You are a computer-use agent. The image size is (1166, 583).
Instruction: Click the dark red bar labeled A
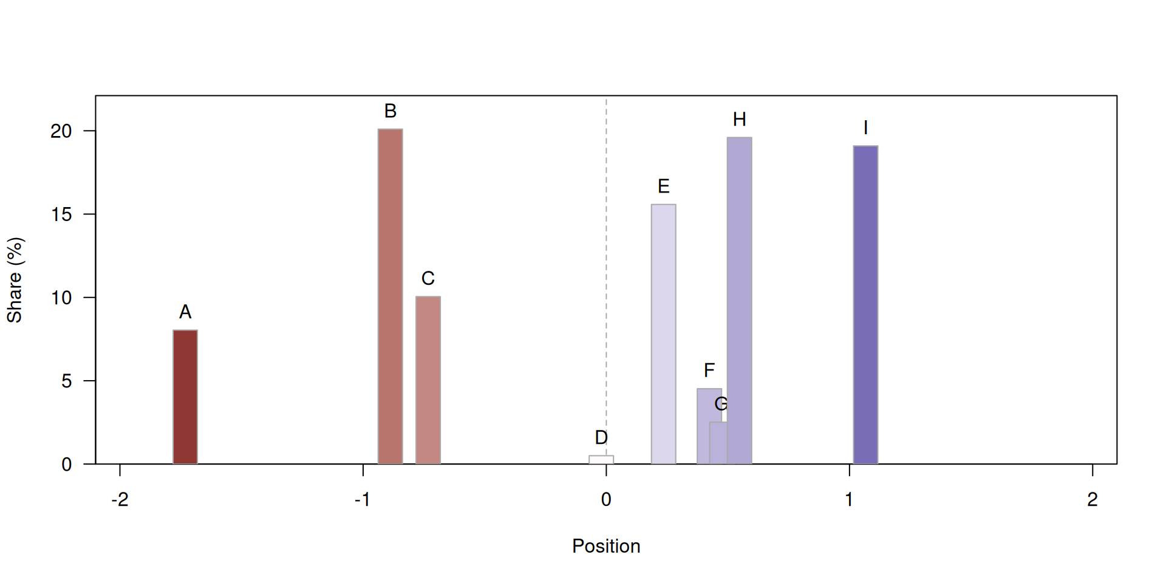point(185,397)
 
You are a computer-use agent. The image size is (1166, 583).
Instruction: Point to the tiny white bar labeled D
point(601,460)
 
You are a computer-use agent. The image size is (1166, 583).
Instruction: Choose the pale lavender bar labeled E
point(663,334)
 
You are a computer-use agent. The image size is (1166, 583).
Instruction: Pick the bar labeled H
point(740,301)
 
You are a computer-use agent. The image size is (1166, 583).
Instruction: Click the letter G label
point(721,404)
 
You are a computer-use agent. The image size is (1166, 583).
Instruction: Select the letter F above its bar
point(709,370)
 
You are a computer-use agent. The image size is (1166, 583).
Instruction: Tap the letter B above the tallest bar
point(390,111)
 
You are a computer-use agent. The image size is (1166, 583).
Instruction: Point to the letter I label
point(865,128)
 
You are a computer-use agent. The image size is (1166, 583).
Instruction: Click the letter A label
point(185,312)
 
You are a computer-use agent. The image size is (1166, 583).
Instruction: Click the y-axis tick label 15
point(61,214)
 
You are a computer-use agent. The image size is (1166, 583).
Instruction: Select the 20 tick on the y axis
point(61,131)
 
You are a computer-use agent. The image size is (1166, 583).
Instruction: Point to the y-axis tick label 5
point(66,381)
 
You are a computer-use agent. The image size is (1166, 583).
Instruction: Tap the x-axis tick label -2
point(120,500)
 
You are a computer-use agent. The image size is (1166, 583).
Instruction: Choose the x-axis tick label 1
point(849,500)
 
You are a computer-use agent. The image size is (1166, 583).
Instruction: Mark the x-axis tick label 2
point(1093,500)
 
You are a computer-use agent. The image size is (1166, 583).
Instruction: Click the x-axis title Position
point(606,546)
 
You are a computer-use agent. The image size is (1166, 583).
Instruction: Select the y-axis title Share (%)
point(15,280)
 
